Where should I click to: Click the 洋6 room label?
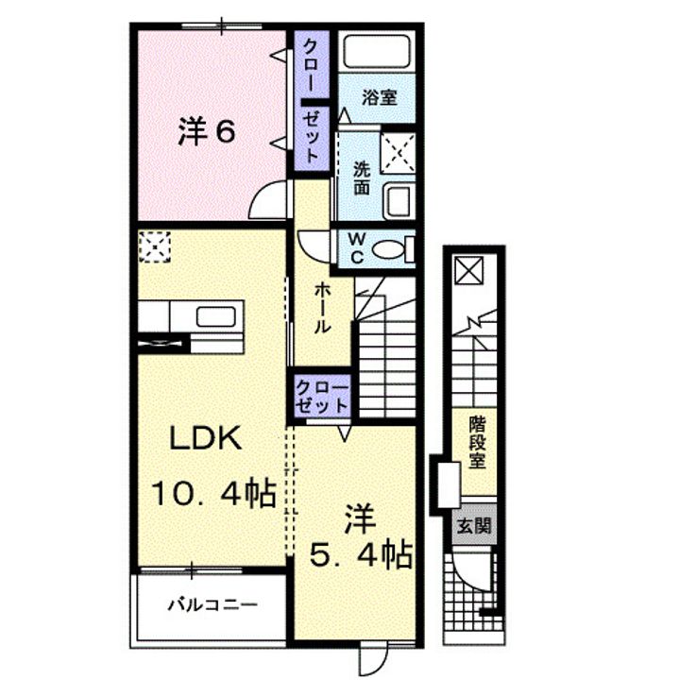pyautogui.click(x=207, y=132)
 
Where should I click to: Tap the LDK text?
pyautogui.click(x=205, y=438)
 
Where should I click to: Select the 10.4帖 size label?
pyautogui.click(x=213, y=493)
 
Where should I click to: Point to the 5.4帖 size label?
pyautogui.click(x=360, y=555)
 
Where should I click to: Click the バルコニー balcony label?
pyautogui.click(x=212, y=604)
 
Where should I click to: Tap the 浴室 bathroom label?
pyautogui.click(x=379, y=97)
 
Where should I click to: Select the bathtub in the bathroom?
pyautogui.click(x=377, y=52)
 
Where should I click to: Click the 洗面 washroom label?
pyautogui.click(x=361, y=178)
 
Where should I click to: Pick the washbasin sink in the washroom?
pyautogui.click(x=399, y=201)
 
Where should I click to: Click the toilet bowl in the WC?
pyautogui.click(x=389, y=250)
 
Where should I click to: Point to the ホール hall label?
pyautogui.click(x=322, y=307)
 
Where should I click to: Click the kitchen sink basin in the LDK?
pyautogui.click(x=216, y=316)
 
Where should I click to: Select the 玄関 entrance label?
pyautogui.click(x=474, y=526)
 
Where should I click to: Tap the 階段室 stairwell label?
pyautogui.click(x=477, y=442)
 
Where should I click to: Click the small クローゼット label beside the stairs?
pyautogui.click(x=322, y=396)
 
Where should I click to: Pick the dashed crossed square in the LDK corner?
pyautogui.click(x=155, y=247)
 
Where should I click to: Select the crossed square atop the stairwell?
pyautogui.click(x=468, y=270)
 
